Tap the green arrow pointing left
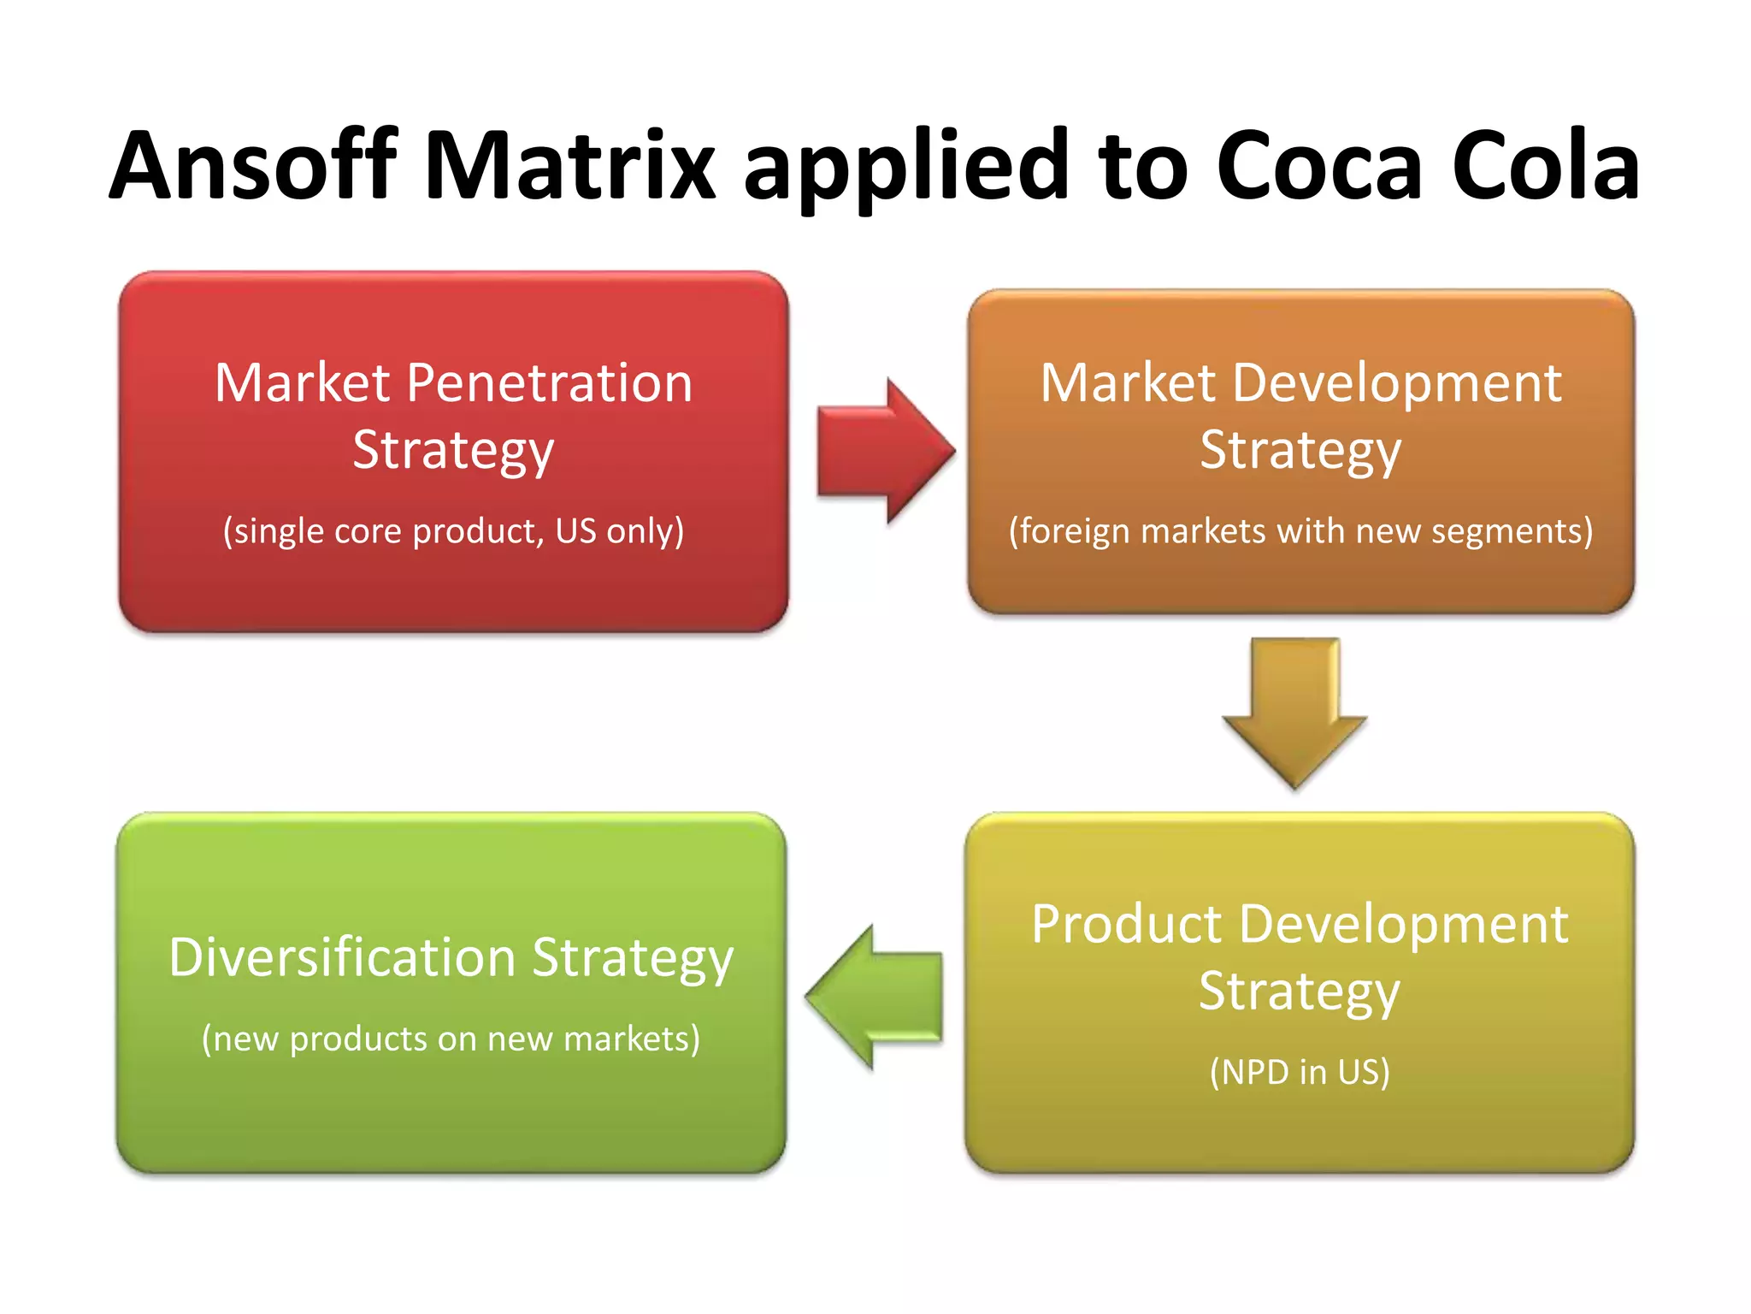(875, 997)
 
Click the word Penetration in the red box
(549, 382)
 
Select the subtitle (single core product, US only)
(453, 531)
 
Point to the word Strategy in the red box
(453, 450)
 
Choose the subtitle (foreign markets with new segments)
(1300, 531)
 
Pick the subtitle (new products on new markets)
(451, 1039)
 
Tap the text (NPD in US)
(1300, 1072)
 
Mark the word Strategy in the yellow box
(1299, 991)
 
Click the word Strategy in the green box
(633, 958)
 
